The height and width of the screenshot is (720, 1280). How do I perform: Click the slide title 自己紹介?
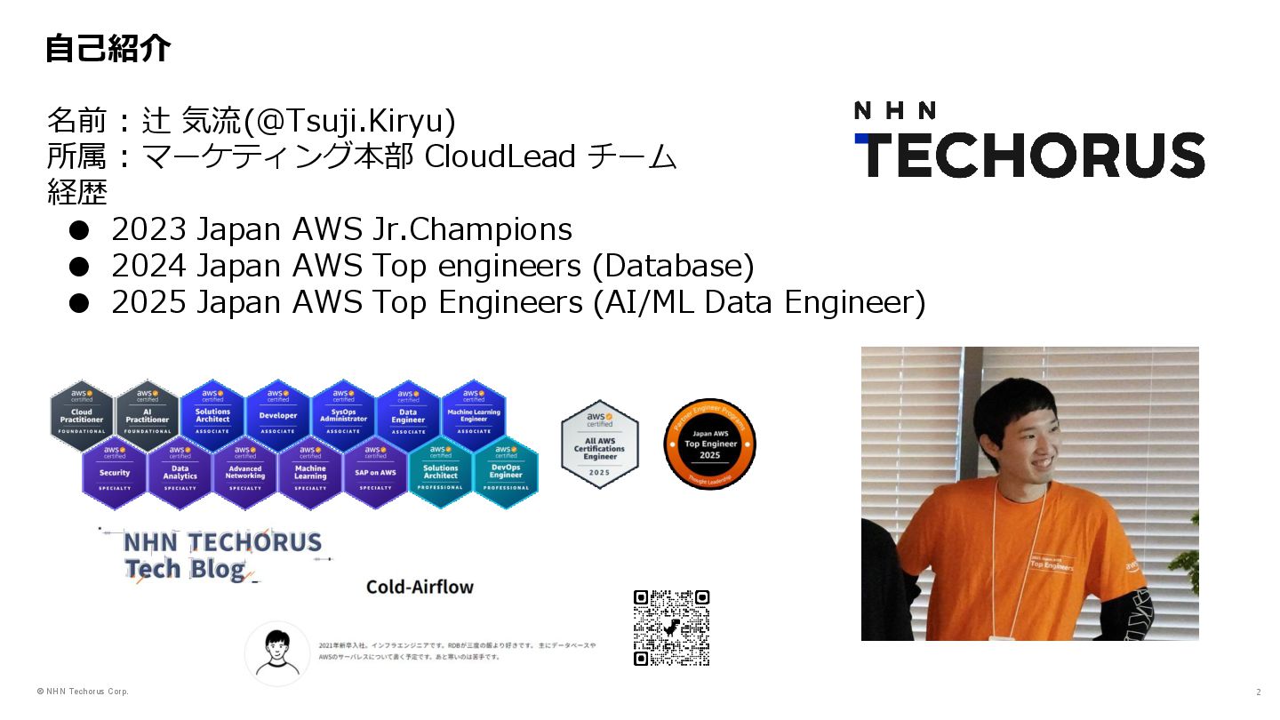coord(108,49)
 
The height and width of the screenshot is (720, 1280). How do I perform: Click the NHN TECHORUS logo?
coord(1028,140)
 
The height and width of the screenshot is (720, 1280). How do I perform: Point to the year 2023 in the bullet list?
coord(148,229)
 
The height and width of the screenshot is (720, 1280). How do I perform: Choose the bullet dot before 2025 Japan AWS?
coord(80,303)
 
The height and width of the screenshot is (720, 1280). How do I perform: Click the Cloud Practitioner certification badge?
coord(82,414)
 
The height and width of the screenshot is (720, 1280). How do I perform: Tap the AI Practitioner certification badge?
coord(148,414)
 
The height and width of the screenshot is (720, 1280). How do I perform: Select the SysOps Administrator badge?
coord(343,414)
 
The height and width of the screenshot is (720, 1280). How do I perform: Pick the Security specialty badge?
coord(115,471)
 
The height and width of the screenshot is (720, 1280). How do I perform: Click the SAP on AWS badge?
coord(375,471)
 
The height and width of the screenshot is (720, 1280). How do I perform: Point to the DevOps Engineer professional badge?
coord(506,471)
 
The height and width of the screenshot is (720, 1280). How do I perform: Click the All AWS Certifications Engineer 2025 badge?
coord(600,444)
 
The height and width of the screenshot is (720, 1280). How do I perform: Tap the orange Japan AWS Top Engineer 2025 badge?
coord(710,444)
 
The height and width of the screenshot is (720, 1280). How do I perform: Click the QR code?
coord(671,628)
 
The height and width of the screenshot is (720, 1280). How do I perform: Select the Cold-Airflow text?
coord(420,587)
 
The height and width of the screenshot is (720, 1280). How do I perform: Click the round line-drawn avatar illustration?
coord(277,652)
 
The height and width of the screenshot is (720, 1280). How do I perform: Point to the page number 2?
coord(1258,692)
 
